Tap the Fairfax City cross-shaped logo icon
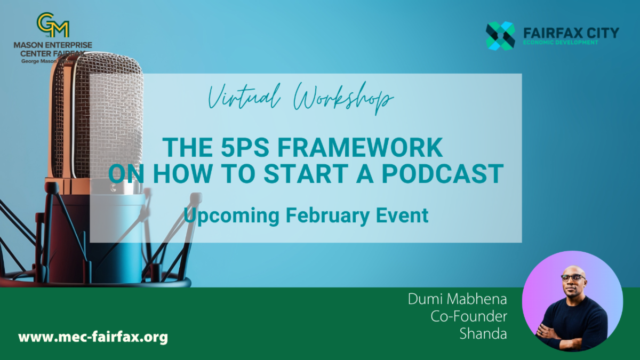coord(500,36)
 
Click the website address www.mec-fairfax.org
coord(93,337)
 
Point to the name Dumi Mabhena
coord(457,299)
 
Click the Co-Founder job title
coord(469,316)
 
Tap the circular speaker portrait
coord(572,301)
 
